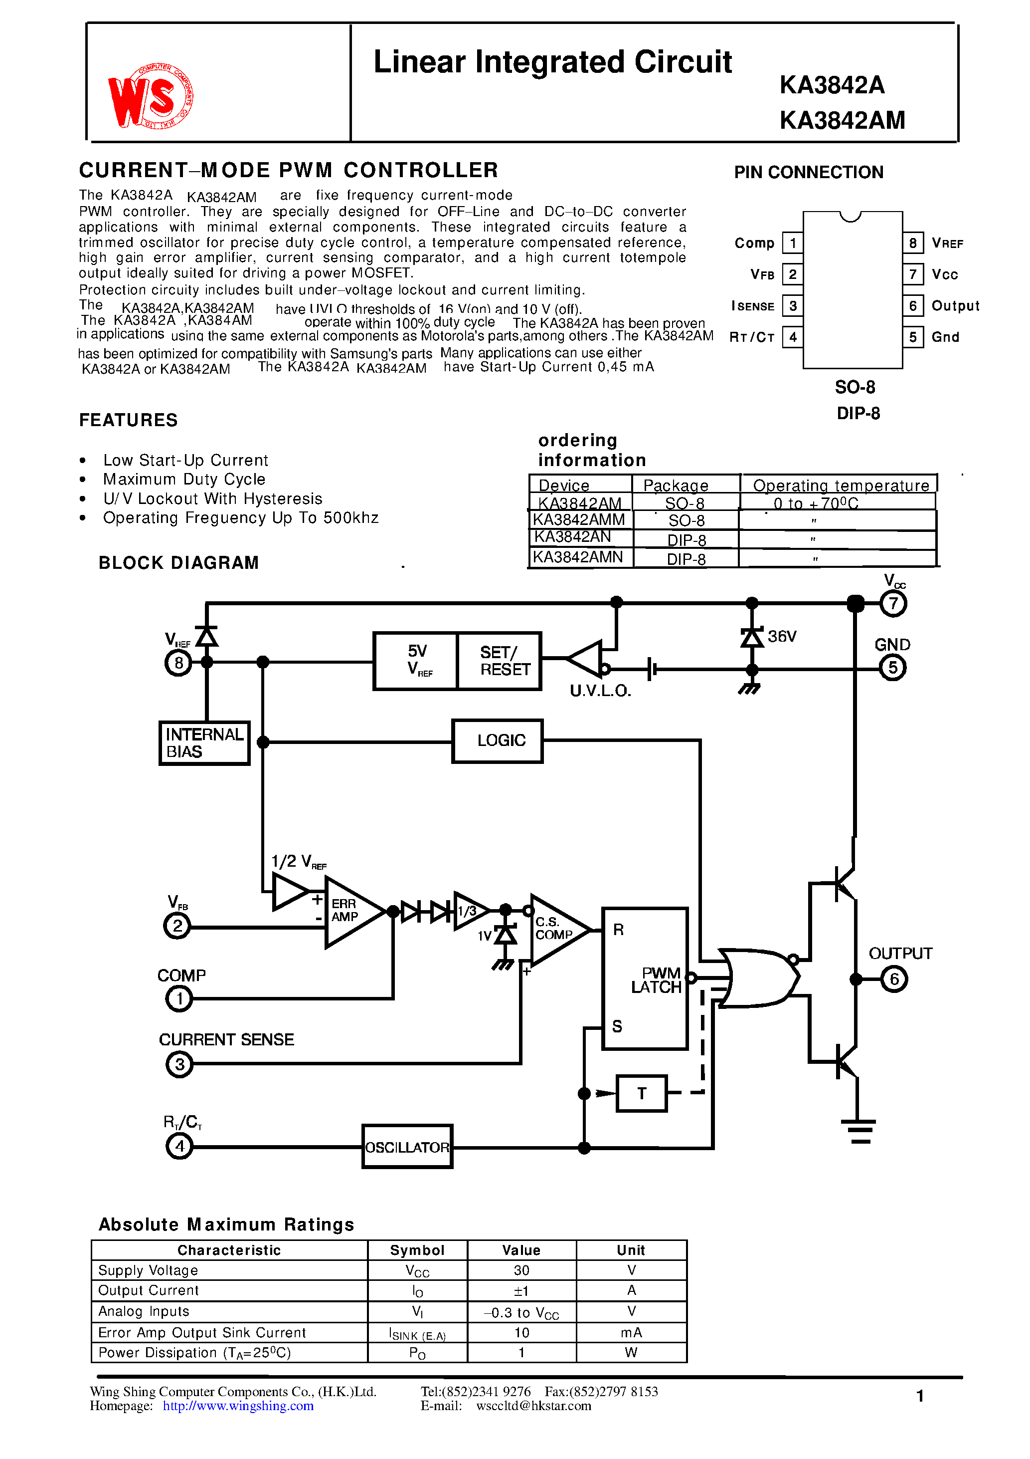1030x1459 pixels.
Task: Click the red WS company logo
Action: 151,97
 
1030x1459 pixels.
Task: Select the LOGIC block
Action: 497,740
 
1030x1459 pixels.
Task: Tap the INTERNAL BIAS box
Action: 204,743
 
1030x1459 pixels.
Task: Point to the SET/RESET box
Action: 499,661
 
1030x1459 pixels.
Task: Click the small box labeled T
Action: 641,1093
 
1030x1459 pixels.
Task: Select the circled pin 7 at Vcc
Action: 893,603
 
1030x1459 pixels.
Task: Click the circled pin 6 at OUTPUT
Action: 894,978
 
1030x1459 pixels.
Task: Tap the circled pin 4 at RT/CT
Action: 179,1146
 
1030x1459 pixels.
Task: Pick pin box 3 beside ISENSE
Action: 793,306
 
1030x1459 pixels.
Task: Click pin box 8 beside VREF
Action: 912,243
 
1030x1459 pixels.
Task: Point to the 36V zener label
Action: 782,636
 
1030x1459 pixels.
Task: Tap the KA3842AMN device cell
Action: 578,557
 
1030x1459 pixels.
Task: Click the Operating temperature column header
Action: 840,485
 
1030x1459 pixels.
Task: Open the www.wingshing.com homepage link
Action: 238,1406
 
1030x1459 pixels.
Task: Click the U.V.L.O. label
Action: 600,691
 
